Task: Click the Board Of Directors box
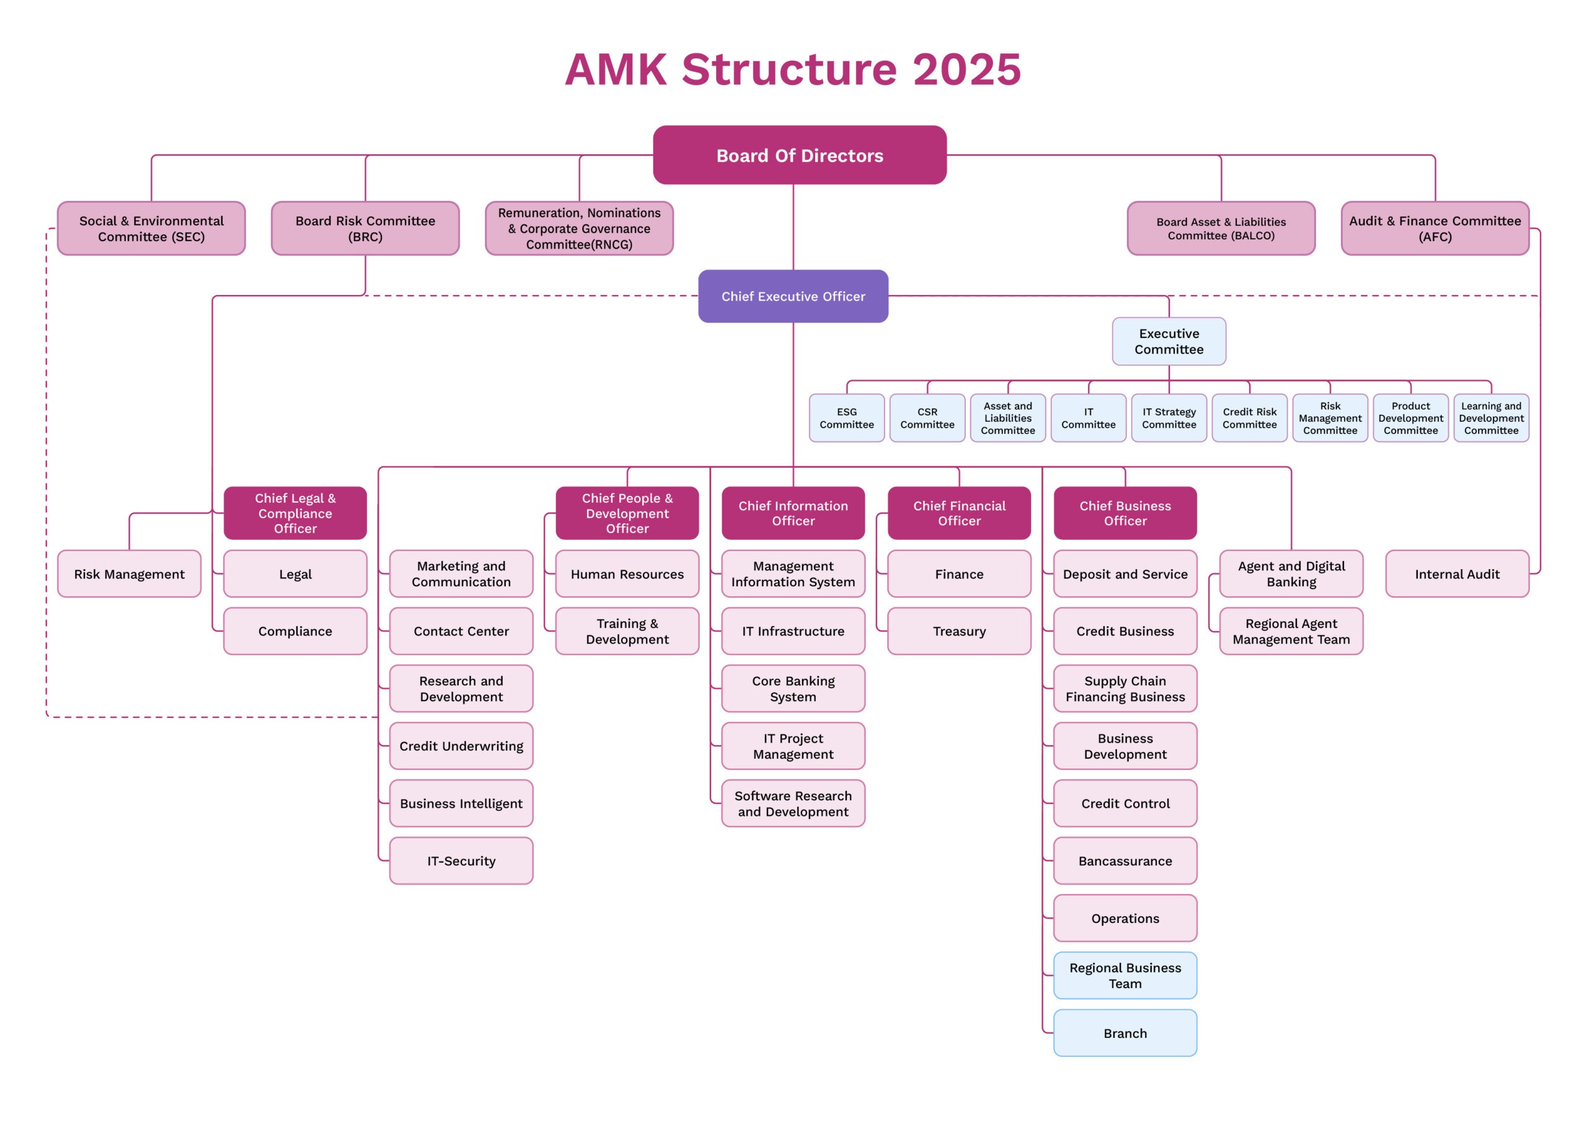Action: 799,155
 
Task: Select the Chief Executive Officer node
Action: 793,296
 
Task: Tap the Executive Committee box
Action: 1168,341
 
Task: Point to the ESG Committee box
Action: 846,418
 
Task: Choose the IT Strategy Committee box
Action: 1168,418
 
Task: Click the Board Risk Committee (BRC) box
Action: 365,228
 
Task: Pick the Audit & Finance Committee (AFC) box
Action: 1434,228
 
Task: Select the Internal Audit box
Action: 1456,574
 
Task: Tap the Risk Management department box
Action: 130,574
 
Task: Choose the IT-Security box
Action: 461,860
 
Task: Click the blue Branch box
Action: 1125,1033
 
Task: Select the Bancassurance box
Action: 1125,860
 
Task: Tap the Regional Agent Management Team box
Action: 1291,630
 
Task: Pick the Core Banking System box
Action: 793,689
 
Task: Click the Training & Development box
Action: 627,630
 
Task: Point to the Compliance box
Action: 295,630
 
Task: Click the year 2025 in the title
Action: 966,69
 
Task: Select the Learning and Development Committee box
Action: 1490,418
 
